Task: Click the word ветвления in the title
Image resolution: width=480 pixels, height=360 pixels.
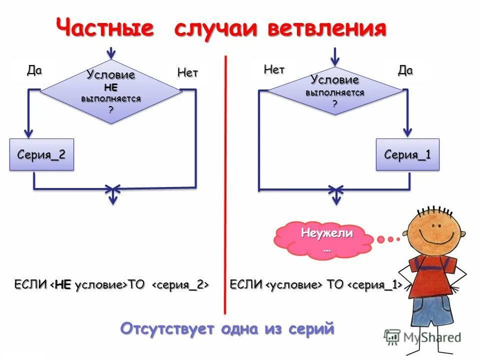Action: tap(327, 28)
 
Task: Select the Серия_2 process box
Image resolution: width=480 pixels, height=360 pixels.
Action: tap(41, 154)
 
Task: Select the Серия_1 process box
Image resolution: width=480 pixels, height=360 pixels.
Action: tap(407, 154)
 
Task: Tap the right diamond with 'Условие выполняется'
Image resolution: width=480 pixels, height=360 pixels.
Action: tap(335, 90)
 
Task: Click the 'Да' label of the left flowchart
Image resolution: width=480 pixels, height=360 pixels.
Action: tap(34, 70)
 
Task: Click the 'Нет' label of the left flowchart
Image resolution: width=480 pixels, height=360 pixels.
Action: tap(187, 73)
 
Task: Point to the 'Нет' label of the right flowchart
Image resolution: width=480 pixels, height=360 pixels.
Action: tap(274, 70)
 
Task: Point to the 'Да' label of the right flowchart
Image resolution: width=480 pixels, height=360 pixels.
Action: tap(405, 70)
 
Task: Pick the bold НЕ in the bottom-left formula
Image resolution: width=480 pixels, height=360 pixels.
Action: tap(63, 285)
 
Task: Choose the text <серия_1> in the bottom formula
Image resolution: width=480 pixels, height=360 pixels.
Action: tap(375, 285)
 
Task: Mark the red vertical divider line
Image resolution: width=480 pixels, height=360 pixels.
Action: tap(225, 185)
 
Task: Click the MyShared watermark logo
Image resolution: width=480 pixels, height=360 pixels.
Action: tap(422, 336)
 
